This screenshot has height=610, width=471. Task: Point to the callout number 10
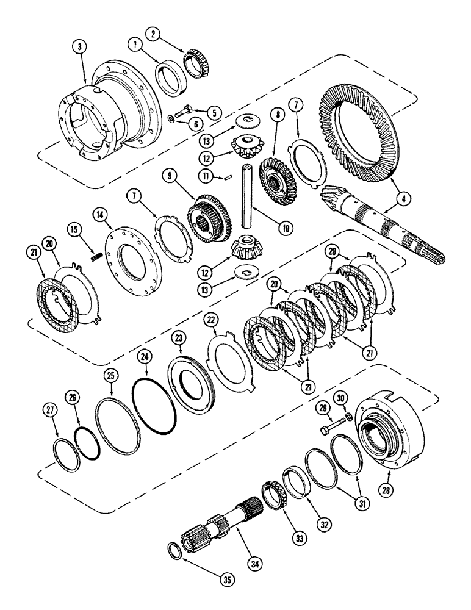pyautogui.click(x=283, y=229)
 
